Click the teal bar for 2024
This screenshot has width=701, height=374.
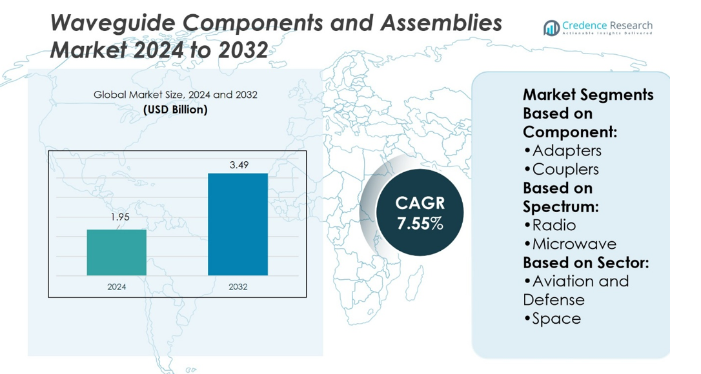pyautogui.click(x=117, y=253)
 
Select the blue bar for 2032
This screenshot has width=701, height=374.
pyautogui.click(x=238, y=224)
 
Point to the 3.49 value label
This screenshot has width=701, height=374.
pyautogui.click(x=238, y=165)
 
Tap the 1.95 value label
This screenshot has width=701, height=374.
pyautogui.click(x=119, y=217)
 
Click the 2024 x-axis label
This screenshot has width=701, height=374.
pyautogui.click(x=117, y=286)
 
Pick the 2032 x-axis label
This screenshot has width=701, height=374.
pyautogui.click(x=238, y=286)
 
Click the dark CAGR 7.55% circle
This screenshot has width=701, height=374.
pyautogui.click(x=420, y=214)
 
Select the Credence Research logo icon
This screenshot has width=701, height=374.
pyautogui.click(x=551, y=28)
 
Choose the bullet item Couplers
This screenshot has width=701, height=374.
pyautogui.click(x=562, y=169)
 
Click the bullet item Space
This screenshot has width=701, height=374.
pyautogui.click(x=553, y=319)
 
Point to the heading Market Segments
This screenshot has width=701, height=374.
pyautogui.click(x=588, y=95)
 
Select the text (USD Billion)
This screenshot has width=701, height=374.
pyautogui.click(x=175, y=110)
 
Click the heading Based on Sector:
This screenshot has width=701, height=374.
pyautogui.click(x=585, y=262)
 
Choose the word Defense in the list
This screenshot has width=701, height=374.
pyautogui.click(x=554, y=300)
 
